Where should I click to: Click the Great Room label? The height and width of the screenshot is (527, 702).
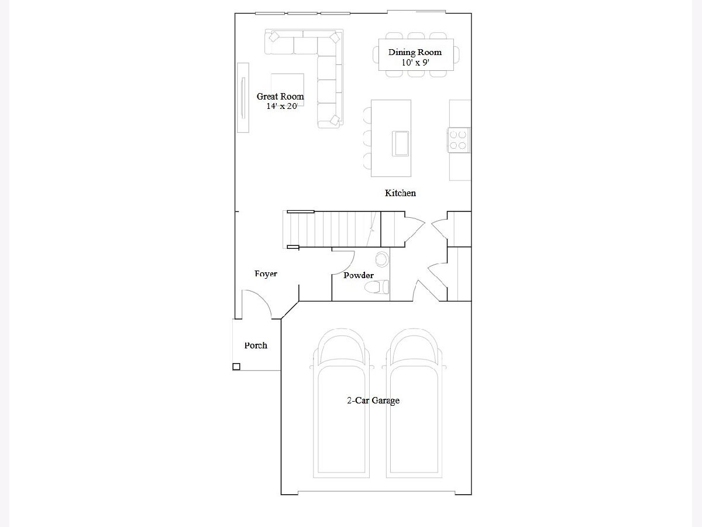click(280, 96)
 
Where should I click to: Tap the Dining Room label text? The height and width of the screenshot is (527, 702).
click(415, 52)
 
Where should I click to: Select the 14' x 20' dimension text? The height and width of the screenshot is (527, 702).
click(282, 106)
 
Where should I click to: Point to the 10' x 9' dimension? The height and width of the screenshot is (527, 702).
click(415, 63)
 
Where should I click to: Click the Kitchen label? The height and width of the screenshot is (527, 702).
click(400, 193)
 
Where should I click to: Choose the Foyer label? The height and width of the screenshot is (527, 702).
click(266, 274)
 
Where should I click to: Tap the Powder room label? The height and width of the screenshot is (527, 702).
click(359, 275)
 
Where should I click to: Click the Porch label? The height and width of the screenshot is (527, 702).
click(256, 345)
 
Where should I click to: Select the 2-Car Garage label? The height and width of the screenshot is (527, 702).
click(373, 401)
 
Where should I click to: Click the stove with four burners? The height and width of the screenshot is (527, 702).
click(458, 140)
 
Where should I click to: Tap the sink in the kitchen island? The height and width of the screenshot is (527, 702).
click(400, 143)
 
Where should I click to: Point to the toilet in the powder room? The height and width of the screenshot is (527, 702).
click(377, 287)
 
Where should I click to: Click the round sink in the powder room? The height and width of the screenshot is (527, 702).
click(382, 259)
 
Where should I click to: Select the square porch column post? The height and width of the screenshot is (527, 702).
click(236, 367)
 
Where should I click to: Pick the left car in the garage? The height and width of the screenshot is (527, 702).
click(341, 403)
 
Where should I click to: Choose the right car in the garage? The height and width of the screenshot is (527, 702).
click(414, 403)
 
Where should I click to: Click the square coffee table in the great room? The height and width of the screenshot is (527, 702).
click(287, 90)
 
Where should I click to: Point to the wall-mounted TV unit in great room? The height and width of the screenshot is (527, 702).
click(243, 98)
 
